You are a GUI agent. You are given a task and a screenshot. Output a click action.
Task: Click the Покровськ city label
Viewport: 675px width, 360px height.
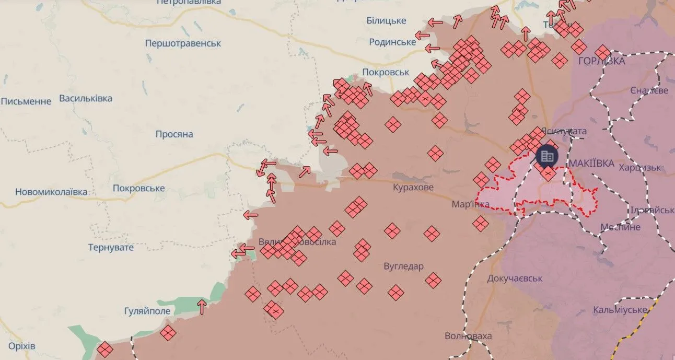386,73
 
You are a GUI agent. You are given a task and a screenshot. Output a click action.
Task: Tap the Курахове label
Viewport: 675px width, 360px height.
413,187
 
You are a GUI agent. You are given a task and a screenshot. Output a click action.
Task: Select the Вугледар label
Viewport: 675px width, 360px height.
403,266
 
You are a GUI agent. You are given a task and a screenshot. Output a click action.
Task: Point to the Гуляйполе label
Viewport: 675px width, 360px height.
147,311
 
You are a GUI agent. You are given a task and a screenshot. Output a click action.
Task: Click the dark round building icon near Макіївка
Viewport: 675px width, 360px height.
547,155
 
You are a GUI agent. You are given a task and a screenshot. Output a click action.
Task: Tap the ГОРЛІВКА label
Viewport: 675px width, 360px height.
601,61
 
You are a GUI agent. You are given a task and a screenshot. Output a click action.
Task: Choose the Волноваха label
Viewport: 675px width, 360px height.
468,335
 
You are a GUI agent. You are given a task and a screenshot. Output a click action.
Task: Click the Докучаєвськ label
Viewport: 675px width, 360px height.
515,278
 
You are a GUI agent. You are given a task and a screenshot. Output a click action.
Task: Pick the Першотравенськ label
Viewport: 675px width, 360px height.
183,43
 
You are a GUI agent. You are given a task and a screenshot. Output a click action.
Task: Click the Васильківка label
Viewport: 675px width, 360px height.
86,98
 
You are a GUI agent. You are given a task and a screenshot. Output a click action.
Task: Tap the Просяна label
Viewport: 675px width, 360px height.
174,134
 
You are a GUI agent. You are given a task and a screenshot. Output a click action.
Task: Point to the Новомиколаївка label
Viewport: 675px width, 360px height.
51,192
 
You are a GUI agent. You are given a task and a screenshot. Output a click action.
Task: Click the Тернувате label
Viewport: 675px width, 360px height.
111,247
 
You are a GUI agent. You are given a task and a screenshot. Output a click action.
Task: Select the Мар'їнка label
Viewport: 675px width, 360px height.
471,204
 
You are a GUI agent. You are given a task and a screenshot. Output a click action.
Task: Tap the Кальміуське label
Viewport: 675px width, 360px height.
620,310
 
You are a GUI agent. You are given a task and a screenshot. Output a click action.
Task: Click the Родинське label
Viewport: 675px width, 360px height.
392,42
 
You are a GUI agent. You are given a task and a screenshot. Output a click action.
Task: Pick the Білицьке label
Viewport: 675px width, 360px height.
386,20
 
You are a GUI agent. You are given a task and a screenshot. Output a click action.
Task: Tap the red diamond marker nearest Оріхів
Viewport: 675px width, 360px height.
105,349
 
